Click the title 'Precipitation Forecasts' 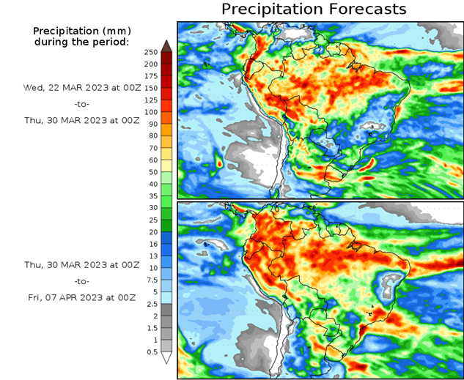(x=313, y=10)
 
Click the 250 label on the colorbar (x=151, y=52)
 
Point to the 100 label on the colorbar (x=151, y=112)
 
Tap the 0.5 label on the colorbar (x=151, y=352)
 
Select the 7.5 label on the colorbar (x=151, y=280)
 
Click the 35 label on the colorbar (x=151, y=196)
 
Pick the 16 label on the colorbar (x=151, y=244)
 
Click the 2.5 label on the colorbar (x=151, y=304)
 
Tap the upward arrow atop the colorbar (x=166, y=45)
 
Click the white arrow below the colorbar (x=166, y=358)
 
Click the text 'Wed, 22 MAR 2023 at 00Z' (x=81, y=88)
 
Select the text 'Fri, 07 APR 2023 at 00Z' (x=81, y=297)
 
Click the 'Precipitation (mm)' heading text (x=81, y=31)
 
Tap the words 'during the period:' (x=81, y=42)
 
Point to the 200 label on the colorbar (x=151, y=64)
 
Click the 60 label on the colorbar (x=151, y=160)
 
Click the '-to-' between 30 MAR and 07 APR (x=81, y=281)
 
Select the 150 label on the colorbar (x=151, y=88)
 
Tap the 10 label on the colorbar (x=151, y=268)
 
